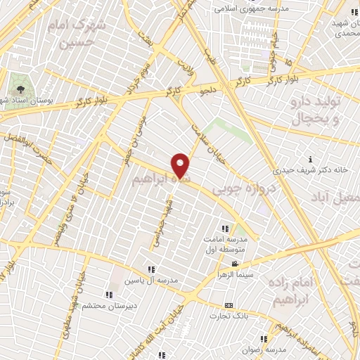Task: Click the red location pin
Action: point(181,164)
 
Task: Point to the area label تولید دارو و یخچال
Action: point(314,110)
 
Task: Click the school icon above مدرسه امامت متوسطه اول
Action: point(225,229)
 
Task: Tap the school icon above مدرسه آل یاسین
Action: point(150,269)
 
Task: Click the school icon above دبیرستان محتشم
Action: point(108,295)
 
